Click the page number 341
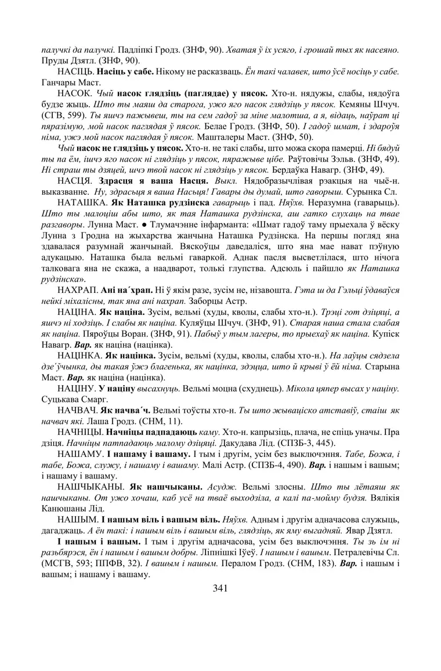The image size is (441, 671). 220,588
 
